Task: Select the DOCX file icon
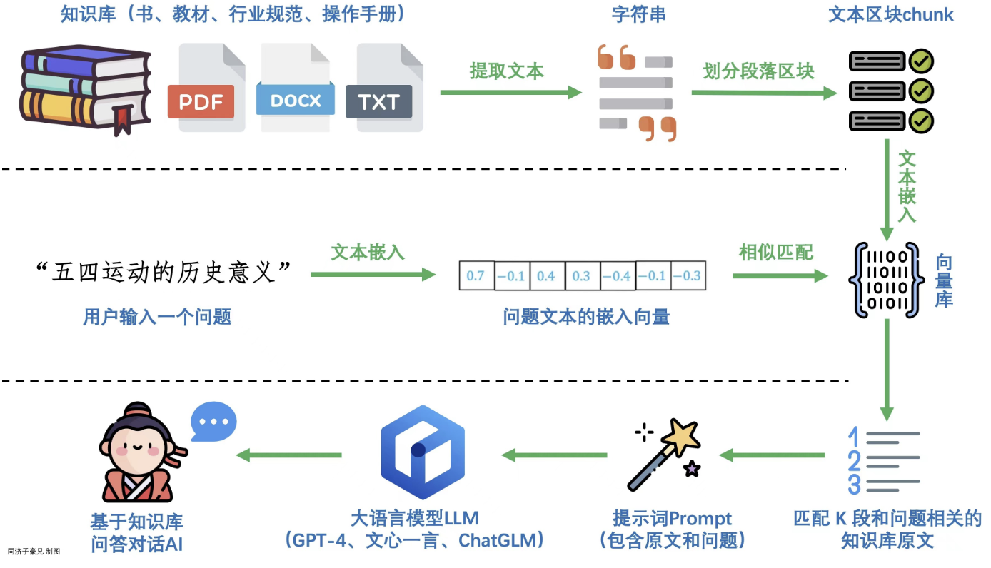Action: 294,88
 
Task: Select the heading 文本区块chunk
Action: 890,14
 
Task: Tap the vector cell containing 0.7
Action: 476,275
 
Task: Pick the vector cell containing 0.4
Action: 546,275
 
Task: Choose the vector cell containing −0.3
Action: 688,275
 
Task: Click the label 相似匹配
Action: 775,253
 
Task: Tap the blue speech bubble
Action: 213,421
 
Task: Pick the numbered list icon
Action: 882,460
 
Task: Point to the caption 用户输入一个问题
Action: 157,316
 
